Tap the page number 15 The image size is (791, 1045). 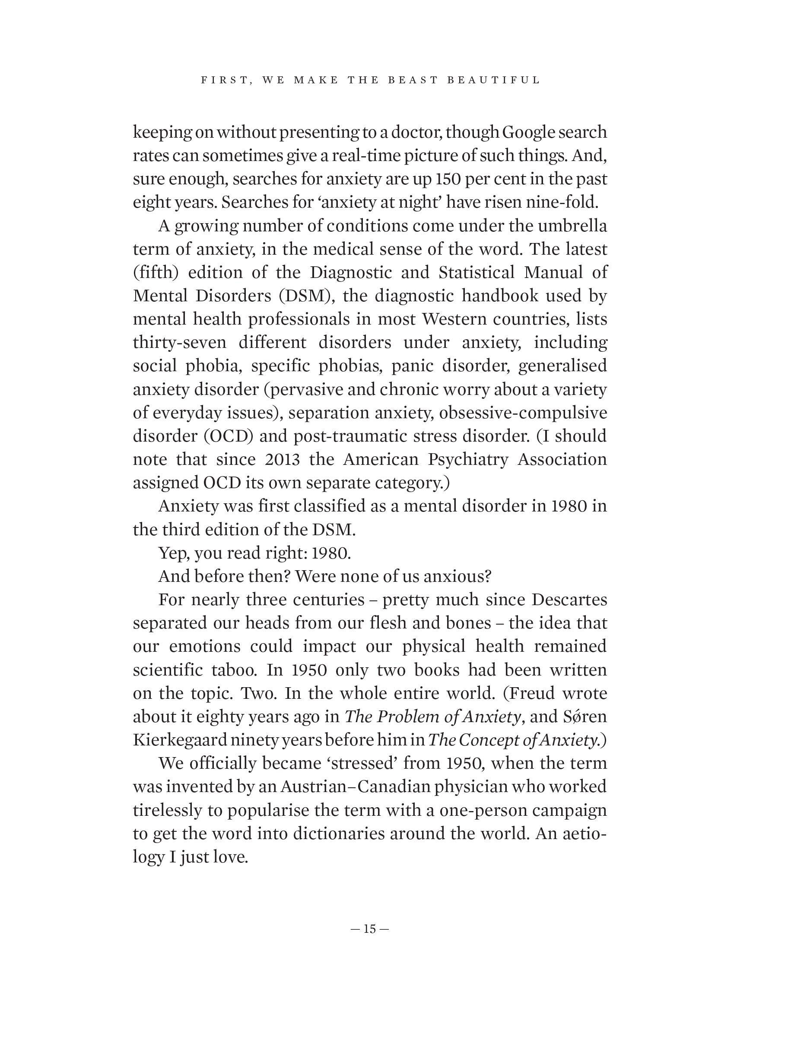pyautogui.click(x=370, y=929)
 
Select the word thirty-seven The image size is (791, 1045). pyautogui.click(x=180, y=343)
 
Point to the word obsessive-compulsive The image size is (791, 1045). pyautogui.click(x=523, y=413)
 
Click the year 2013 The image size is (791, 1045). pyautogui.click(x=282, y=460)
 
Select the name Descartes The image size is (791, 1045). pyautogui.click(x=569, y=600)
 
